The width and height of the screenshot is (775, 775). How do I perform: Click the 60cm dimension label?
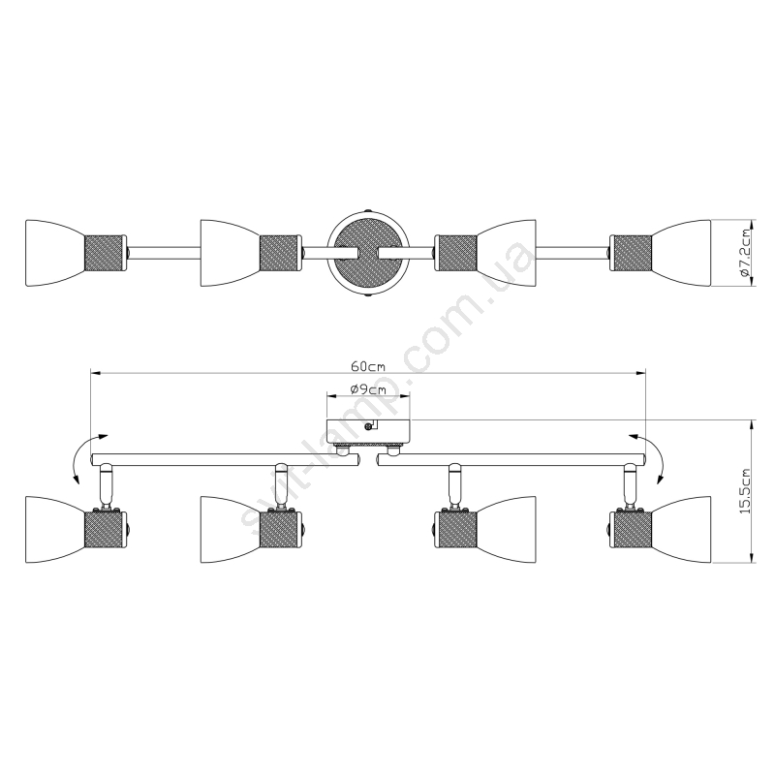point(368,366)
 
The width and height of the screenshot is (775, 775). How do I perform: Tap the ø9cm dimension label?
point(368,389)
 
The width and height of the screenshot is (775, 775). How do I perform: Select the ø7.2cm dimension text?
point(745,253)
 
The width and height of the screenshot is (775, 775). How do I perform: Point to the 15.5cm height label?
point(745,491)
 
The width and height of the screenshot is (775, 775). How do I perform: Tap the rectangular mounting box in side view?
point(368,432)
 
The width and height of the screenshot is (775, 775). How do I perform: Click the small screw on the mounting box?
point(367,427)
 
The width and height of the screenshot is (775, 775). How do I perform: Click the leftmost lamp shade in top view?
point(55,253)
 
